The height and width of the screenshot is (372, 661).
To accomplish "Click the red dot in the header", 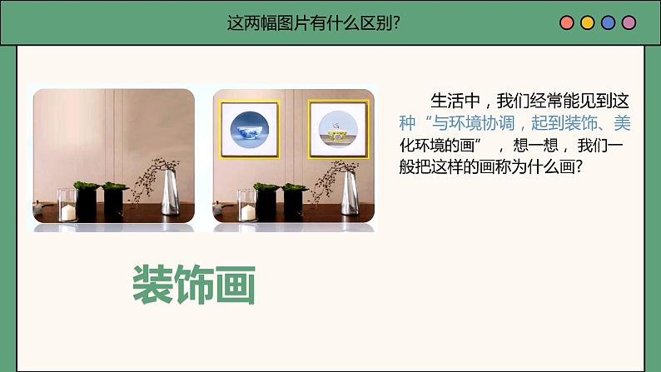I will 567,22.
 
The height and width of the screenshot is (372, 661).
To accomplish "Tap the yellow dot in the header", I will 587,22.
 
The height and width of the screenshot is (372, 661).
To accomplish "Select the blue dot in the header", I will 608,22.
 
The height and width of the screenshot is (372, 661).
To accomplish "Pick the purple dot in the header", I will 628,22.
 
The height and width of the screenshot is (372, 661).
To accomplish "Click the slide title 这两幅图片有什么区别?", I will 314,22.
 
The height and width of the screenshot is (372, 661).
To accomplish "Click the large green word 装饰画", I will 193,285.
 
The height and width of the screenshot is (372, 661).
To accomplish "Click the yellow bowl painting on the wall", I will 338,129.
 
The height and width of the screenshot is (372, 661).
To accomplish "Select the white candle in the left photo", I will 68,211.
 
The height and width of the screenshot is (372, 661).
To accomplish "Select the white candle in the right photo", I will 248,211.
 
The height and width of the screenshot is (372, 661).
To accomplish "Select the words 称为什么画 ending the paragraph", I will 536,167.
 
